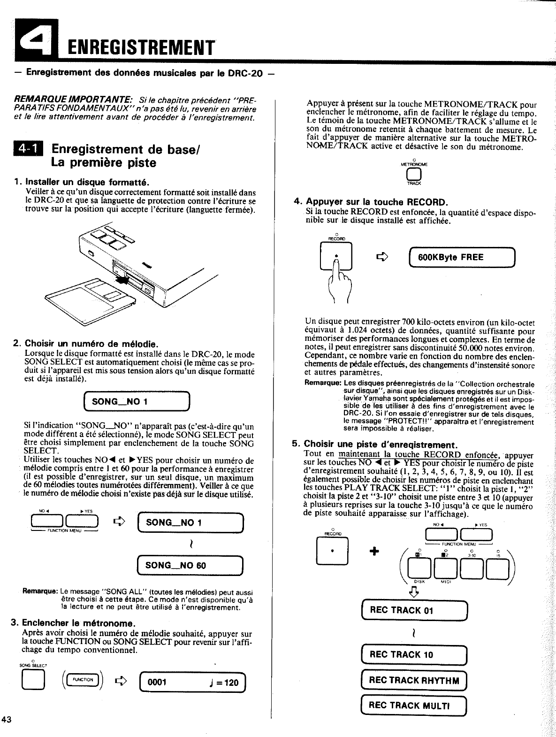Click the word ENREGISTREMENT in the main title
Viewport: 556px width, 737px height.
tap(140, 47)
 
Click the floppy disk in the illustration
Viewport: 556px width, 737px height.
tap(87, 298)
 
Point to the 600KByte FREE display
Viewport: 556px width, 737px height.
tap(462, 257)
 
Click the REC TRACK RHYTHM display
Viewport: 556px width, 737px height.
tap(414, 680)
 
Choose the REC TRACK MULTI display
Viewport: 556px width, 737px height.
tap(414, 706)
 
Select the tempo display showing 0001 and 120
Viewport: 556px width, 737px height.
tap(193, 682)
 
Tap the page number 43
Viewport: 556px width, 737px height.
tap(7, 720)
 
